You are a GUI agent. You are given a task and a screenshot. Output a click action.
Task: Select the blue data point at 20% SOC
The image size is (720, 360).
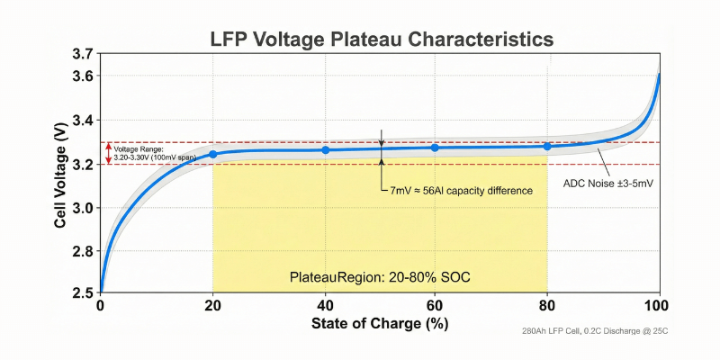(213, 154)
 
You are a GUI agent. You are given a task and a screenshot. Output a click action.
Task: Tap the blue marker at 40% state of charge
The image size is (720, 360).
(325, 149)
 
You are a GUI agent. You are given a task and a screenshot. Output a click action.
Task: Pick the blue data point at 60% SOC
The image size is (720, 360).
(436, 148)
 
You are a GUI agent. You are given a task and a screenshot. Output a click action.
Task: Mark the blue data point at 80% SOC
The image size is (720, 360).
(547, 146)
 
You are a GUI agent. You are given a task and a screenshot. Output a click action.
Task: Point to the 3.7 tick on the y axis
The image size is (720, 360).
(82, 55)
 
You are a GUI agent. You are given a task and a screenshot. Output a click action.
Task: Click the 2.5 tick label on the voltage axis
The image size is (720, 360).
(82, 293)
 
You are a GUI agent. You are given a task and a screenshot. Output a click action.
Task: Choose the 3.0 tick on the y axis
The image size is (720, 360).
(82, 207)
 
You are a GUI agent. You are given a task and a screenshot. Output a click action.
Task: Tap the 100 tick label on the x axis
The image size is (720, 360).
(660, 307)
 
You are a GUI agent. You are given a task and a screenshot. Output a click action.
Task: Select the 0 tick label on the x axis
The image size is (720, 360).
(100, 307)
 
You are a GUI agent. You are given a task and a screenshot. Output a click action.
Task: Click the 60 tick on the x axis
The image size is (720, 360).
(436, 307)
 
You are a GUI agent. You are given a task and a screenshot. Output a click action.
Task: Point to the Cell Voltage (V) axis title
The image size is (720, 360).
(60, 175)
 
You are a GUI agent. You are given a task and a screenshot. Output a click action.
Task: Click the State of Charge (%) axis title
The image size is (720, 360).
(380, 323)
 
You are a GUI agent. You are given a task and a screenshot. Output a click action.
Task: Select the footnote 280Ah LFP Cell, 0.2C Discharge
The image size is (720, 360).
(594, 332)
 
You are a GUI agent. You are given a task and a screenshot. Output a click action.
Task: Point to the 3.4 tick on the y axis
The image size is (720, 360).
(82, 121)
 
